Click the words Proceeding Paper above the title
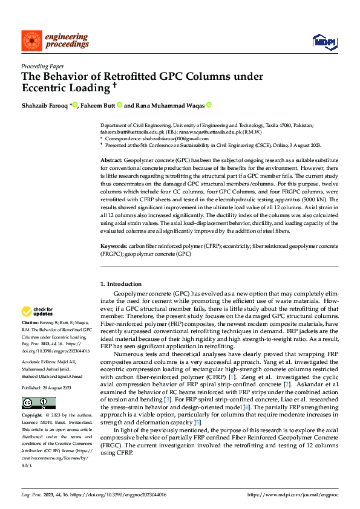point(43,66)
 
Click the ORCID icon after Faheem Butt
point(120,105)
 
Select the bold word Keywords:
point(113,247)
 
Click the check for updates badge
point(37,312)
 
